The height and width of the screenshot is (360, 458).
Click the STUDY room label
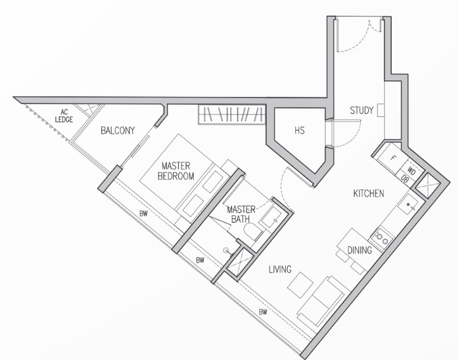click(361, 110)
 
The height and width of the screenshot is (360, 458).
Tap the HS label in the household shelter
click(300, 131)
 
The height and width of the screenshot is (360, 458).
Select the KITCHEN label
click(369, 194)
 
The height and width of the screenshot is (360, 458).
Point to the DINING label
click(360, 251)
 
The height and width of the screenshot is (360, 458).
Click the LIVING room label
click(280, 269)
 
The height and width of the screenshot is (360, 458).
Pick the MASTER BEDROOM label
click(176, 171)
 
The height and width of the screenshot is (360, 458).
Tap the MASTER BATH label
click(241, 214)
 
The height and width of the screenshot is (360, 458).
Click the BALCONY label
click(118, 131)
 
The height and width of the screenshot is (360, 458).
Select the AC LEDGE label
click(64, 116)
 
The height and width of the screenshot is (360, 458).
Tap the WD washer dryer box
click(411, 171)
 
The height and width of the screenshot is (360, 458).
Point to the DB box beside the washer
click(405, 179)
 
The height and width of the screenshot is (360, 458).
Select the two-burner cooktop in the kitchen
click(381, 238)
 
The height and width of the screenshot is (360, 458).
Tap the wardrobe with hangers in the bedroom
click(232, 114)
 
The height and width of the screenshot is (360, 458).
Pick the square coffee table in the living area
click(300, 285)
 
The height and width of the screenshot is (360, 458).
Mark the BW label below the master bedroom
click(143, 214)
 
